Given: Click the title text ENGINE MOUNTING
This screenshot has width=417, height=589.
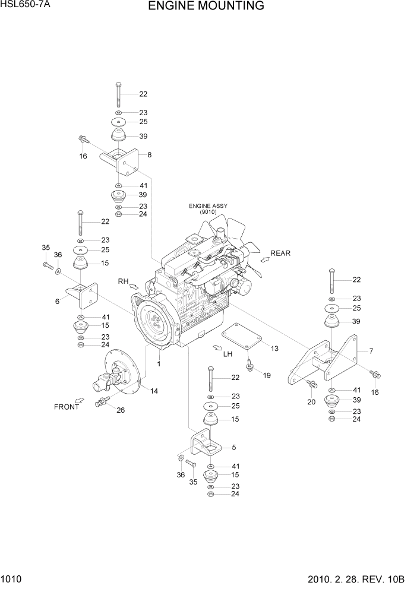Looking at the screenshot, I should coord(206,7).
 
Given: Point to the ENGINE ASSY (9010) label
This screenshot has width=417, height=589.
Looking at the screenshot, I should coord(208,209).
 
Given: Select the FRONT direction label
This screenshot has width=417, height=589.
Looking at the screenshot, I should coord(66,407).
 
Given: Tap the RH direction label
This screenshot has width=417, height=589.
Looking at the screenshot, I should coord(123,281).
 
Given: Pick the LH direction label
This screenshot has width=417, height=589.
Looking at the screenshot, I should coord(228,354).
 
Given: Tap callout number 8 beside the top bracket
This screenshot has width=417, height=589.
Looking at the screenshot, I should coord(149,154).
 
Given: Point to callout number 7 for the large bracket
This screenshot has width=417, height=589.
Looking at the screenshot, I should coord(371,351).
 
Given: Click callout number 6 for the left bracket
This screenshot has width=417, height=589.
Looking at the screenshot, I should coord(58,301).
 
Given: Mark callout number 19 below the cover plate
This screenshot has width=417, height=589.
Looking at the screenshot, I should coord(266,375).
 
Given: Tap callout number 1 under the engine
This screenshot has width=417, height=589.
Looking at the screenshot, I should coord(159,363).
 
